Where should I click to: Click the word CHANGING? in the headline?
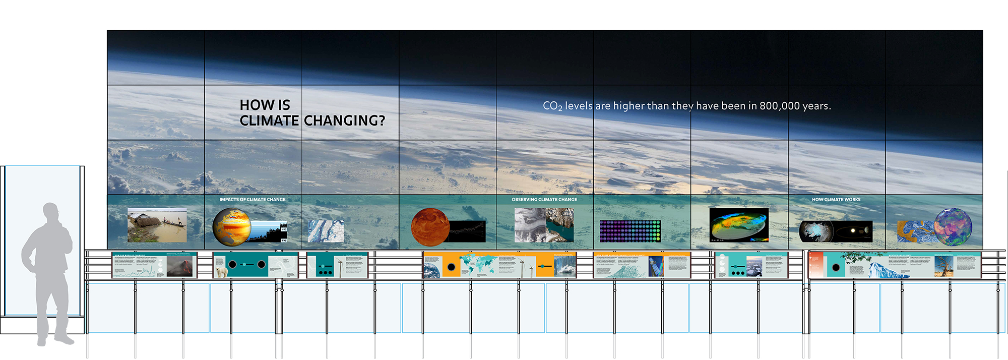(x=344, y=121)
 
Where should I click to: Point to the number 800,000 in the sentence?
(x=780, y=106)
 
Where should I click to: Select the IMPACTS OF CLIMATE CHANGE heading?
(x=252, y=200)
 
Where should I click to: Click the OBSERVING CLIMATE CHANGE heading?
(x=544, y=200)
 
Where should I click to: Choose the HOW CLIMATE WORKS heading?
(x=836, y=200)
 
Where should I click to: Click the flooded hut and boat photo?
(x=157, y=225)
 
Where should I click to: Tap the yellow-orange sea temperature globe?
(x=231, y=226)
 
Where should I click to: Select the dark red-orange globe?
(x=429, y=227)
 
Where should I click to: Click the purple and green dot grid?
(x=630, y=231)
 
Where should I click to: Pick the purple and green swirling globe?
(x=953, y=226)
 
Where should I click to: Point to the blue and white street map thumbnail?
(x=326, y=231)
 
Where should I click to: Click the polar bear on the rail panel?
(x=221, y=272)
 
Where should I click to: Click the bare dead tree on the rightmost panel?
(x=943, y=266)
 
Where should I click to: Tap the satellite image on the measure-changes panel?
(x=655, y=266)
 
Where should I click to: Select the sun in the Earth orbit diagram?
(x=853, y=231)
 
